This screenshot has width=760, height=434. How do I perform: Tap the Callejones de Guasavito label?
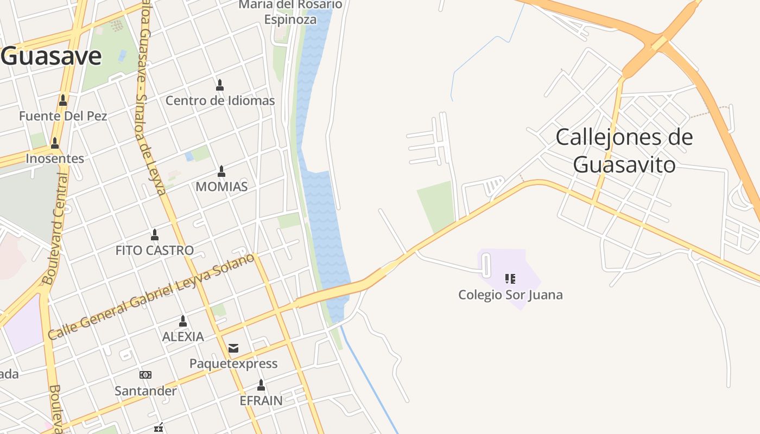624,150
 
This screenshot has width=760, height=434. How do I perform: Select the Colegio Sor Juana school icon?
510,279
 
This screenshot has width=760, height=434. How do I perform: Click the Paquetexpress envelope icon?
233,348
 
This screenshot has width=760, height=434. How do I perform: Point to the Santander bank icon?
145,375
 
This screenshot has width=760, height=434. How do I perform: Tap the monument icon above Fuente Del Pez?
63,100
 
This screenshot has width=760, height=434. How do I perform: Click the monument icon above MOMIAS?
221,171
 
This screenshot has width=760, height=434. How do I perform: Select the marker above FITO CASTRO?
155,235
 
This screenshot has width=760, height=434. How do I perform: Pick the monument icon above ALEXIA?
183,321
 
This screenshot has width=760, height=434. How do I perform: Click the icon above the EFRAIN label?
261,385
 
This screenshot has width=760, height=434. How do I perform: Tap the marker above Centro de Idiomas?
220,85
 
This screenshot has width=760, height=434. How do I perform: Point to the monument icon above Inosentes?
54,143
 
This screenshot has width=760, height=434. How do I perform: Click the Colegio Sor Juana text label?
510,295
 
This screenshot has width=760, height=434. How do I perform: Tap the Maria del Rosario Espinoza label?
290,12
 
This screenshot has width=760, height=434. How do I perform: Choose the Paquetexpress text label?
233,363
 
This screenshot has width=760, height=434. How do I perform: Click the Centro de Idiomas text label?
220,100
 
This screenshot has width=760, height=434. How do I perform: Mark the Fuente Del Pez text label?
63,116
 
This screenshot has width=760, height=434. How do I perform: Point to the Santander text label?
145,391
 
